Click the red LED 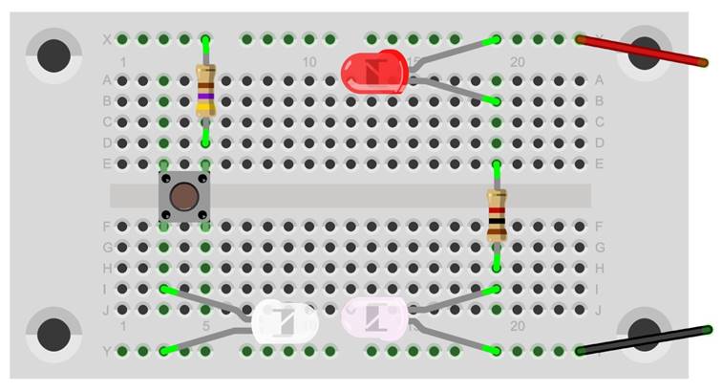coord(373,73)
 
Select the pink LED coord(373,316)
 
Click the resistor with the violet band coord(205,91)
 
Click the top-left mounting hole coord(53,55)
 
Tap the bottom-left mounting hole coord(53,335)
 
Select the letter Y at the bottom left coord(106,351)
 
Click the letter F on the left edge coord(106,227)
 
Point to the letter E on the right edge coord(599,163)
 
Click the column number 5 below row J coord(205,327)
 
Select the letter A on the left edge coord(106,80)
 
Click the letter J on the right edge coord(599,309)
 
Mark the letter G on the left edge coord(106,248)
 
